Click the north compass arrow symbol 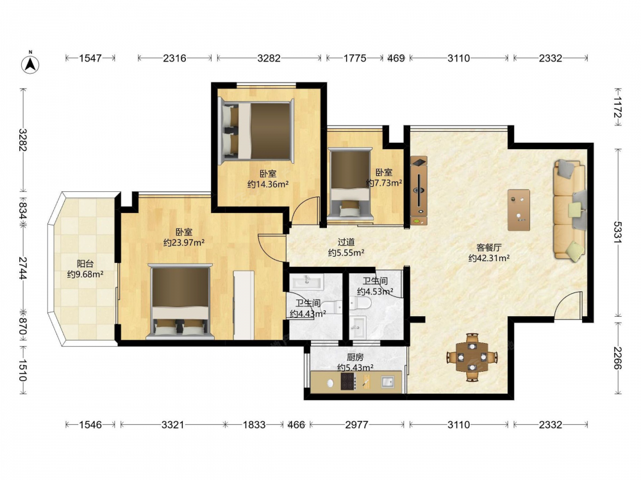30,63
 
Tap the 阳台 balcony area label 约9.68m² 85,275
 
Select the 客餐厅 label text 489,247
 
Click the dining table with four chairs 472,356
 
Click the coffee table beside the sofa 519,210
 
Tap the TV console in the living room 419,190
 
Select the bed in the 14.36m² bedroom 256,131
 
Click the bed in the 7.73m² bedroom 351,184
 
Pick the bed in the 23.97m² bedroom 180,301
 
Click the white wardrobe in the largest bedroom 244,305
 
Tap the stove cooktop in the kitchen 347,382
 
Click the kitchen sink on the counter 388,382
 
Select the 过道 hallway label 346,242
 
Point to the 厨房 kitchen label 355,357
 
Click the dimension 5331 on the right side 618,232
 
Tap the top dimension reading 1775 355,58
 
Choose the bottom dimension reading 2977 357,425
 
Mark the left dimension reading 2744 23,268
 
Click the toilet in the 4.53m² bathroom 360,303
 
